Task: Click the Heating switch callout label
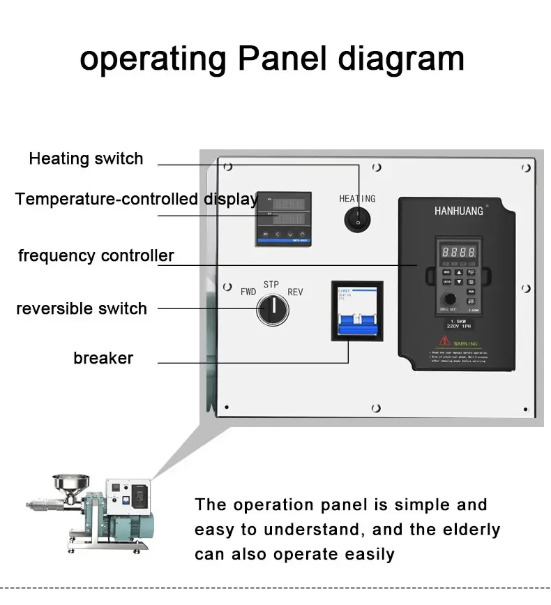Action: click(x=86, y=159)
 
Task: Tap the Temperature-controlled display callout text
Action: click(x=137, y=200)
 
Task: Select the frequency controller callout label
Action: click(x=96, y=255)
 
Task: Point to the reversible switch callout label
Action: click(x=82, y=308)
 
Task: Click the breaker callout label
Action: click(x=103, y=359)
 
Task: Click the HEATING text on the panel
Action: click(x=357, y=199)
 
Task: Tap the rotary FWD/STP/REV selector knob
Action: click(x=272, y=310)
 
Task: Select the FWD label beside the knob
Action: click(x=248, y=292)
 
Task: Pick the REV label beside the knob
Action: click(x=296, y=292)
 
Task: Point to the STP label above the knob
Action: click(x=271, y=284)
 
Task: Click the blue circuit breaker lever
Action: click(x=356, y=328)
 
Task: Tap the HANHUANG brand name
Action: click(x=458, y=211)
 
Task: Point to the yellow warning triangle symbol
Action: click(x=444, y=341)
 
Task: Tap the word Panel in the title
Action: click(x=282, y=59)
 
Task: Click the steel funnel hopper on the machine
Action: click(x=70, y=483)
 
